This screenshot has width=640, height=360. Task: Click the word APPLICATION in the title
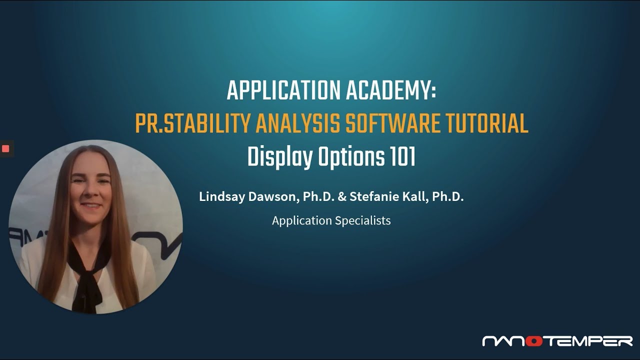point(283,91)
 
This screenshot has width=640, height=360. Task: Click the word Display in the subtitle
point(280,157)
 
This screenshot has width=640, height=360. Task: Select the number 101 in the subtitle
point(402,157)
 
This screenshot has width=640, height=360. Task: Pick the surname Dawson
point(270,196)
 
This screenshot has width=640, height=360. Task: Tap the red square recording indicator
point(5,148)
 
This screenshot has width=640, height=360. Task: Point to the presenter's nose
point(91,192)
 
